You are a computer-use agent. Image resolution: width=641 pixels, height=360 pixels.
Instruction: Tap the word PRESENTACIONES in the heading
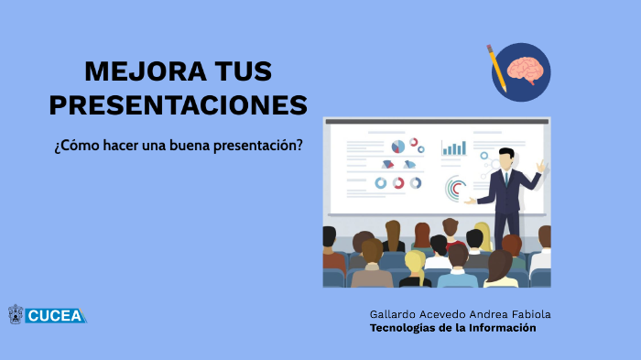[179, 105]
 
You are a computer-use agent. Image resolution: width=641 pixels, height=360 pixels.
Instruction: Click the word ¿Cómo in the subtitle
[75, 146]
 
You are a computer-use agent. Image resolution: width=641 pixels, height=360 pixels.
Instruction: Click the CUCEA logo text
[56, 316]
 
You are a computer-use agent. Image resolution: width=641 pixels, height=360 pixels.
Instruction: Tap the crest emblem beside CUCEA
[16, 315]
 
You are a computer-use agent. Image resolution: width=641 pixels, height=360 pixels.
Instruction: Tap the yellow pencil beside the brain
[496, 64]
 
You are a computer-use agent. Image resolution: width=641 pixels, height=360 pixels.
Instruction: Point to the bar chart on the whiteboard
[454, 147]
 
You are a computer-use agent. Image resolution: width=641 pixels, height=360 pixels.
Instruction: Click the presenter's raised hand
[541, 166]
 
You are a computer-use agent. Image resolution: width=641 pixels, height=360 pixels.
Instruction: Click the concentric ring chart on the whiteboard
[455, 189]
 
